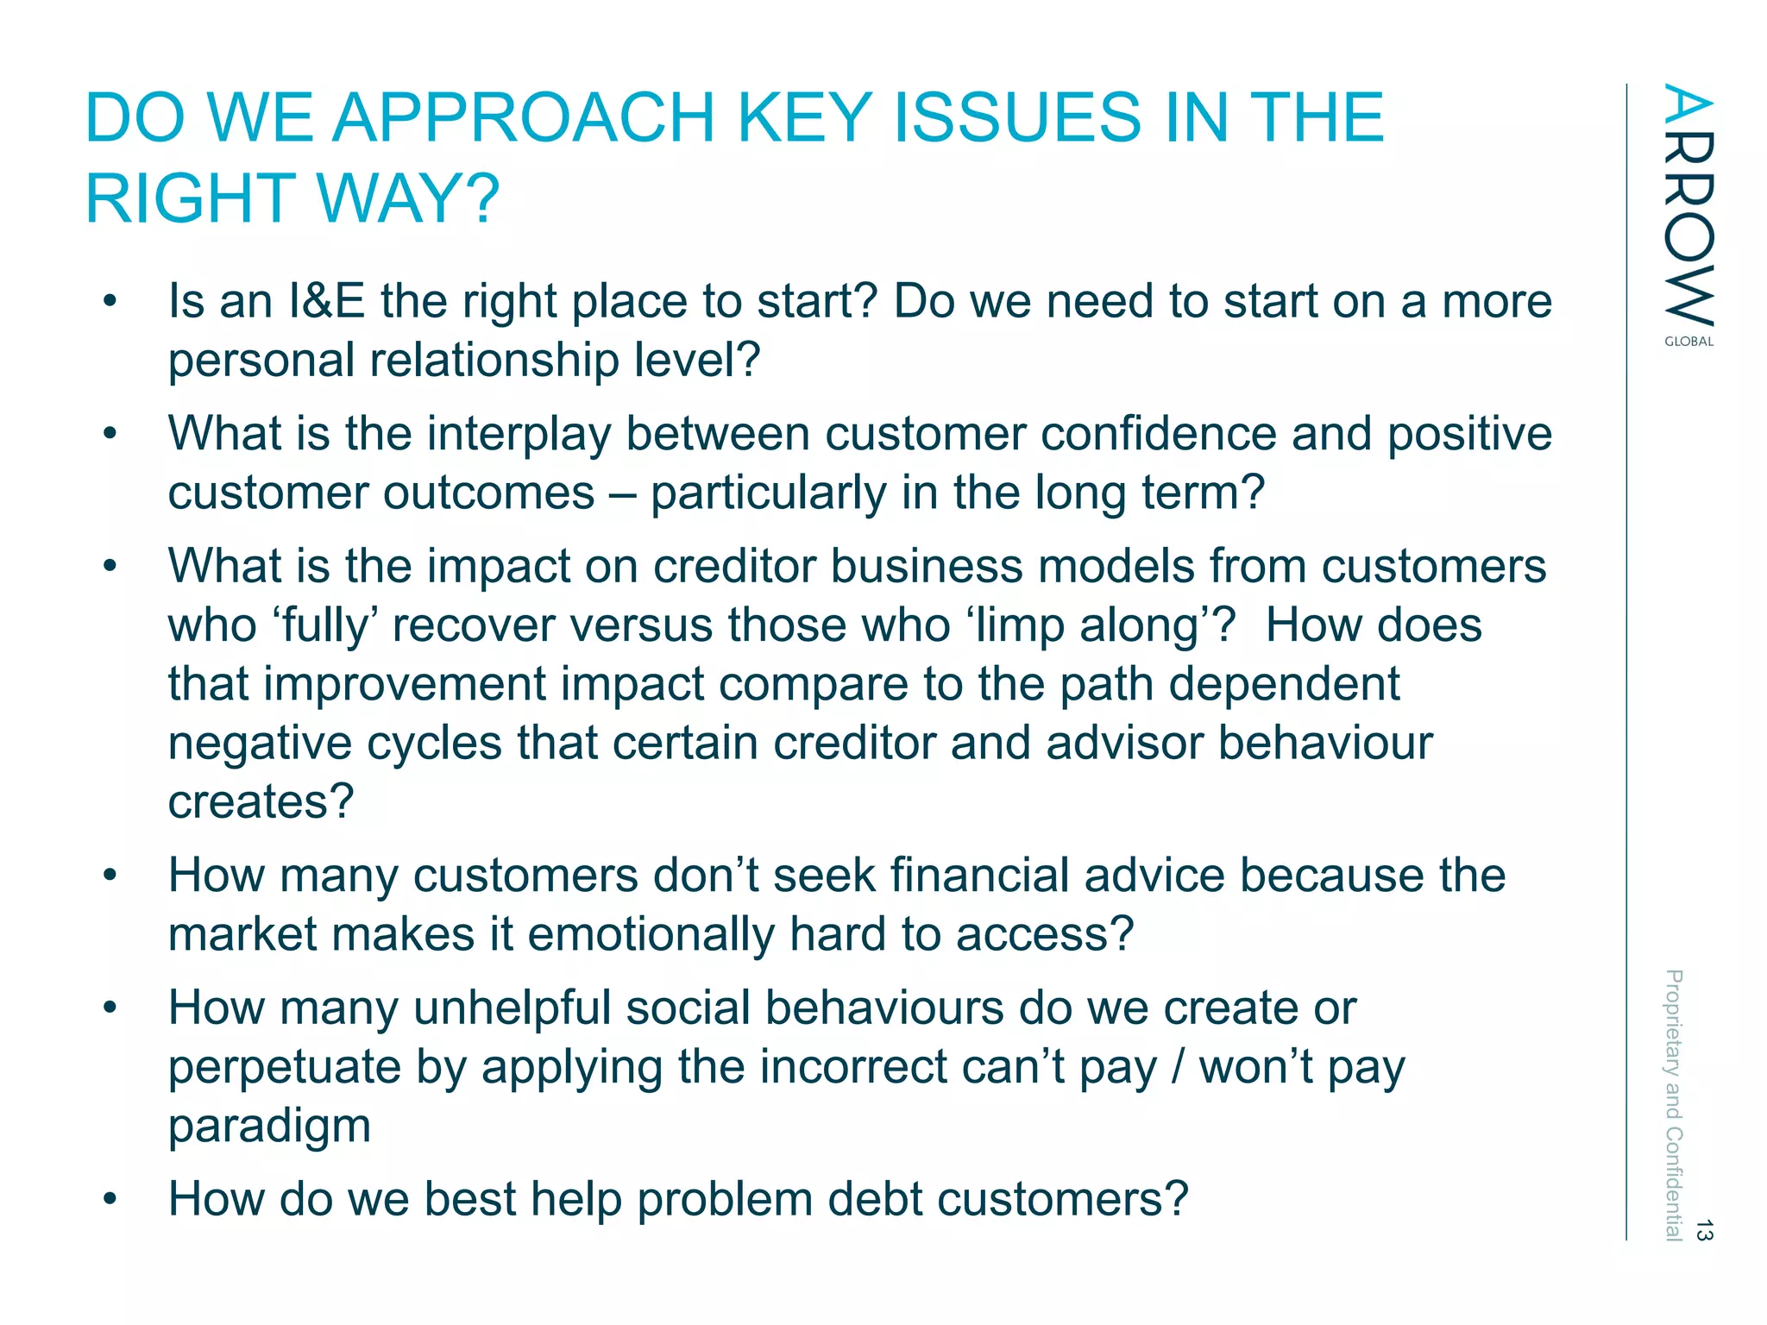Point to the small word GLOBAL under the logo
pos(1688,342)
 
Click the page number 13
pos(1703,1229)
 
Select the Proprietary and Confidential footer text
pos(1673,1105)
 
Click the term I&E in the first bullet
pos(327,301)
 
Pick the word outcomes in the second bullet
pos(488,493)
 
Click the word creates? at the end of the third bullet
pos(261,801)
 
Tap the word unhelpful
pos(512,1008)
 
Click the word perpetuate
pos(284,1067)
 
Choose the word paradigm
pos(269,1126)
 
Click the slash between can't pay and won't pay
pos(1178,1067)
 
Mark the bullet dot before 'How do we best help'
pos(110,1200)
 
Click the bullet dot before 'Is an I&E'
pos(110,302)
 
